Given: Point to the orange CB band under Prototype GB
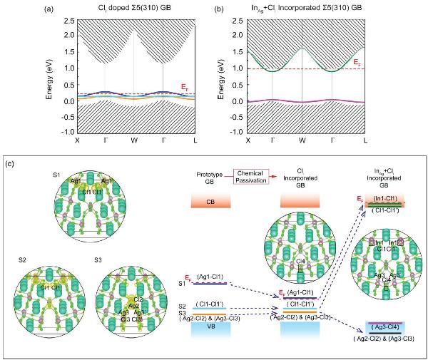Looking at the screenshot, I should pyautogui.click(x=210, y=202).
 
